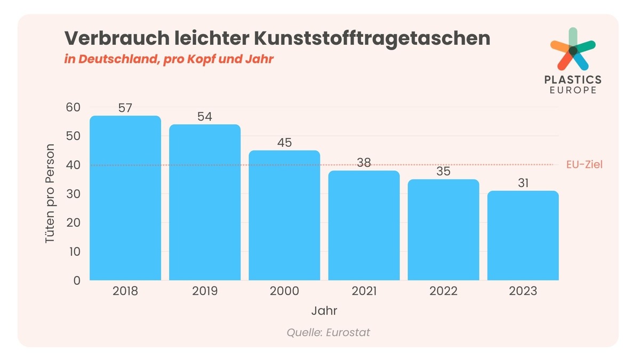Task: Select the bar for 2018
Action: pyautogui.click(x=125, y=198)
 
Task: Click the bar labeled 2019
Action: pyautogui.click(x=205, y=203)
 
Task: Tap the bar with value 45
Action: pyautogui.click(x=284, y=215)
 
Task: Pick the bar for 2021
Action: pyautogui.click(x=364, y=226)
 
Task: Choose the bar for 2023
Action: pyautogui.click(x=523, y=236)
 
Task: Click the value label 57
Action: pyautogui.click(x=125, y=108)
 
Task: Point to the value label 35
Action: pyautogui.click(x=443, y=172)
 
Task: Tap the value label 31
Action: pyautogui.click(x=523, y=183)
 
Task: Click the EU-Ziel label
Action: pyautogui.click(x=585, y=165)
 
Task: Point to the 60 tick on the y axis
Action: pyautogui.click(x=73, y=107)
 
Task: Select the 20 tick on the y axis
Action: pyautogui.click(x=73, y=223)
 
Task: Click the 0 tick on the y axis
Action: pyautogui.click(x=76, y=281)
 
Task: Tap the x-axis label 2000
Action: pyautogui.click(x=284, y=292)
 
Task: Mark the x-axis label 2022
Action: pyautogui.click(x=443, y=292)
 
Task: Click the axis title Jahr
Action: pyautogui.click(x=324, y=310)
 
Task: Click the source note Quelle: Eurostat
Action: pyautogui.click(x=328, y=332)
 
